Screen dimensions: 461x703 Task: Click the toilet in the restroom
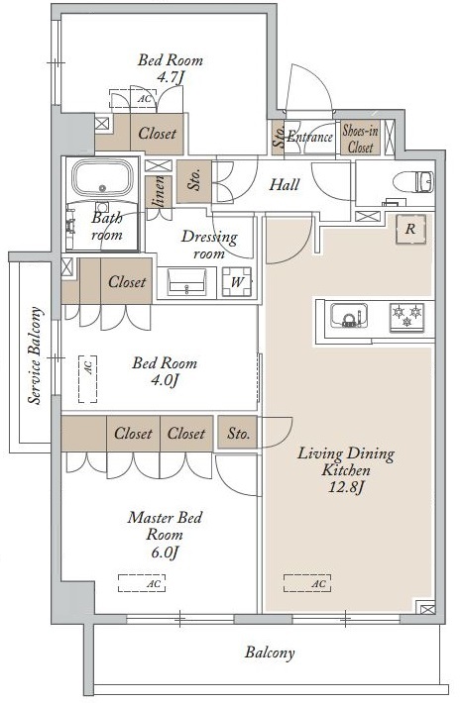click(413, 182)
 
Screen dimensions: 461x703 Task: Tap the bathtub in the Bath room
click(103, 178)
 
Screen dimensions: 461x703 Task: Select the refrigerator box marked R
click(410, 229)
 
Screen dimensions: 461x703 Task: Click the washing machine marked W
click(237, 282)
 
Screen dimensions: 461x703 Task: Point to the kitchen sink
click(349, 315)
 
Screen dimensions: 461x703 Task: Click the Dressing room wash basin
click(186, 281)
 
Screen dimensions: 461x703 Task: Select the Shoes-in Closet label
click(361, 138)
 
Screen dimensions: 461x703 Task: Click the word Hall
click(285, 184)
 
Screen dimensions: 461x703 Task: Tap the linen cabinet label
click(159, 192)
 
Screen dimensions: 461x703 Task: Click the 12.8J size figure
click(346, 487)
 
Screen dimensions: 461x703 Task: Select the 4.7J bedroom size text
click(171, 77)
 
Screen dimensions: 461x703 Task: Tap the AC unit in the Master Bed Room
click(142, 583)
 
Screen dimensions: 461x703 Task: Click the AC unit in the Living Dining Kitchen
click(307, 583)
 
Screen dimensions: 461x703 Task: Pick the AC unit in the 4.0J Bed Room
click(88, 379)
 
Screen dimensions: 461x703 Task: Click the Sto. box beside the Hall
click(194, 181)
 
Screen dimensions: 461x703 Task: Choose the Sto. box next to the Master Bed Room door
click(238, 433)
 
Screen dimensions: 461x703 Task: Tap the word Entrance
click(309, 137)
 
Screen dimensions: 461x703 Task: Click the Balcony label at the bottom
click(270, 653)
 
